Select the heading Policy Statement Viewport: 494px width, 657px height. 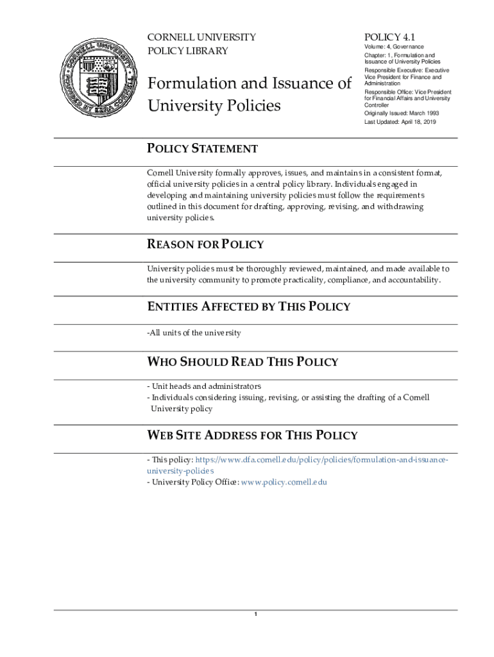pyautogui.click(x=202, y=149)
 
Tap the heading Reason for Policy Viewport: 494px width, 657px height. pyautogui.click(x=205, y=244)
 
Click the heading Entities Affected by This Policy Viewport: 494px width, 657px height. pyautogui.click(x=249, y=306)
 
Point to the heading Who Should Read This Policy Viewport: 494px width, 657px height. pyautogui.click(x=243, y=362)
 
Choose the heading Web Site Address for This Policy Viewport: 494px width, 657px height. pyautogui.click(x=252, y=436)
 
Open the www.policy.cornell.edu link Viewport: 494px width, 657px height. pyautogui.click(x=284, y=482)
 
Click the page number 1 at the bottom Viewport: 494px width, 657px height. pyautogui.click(x=255, y=615)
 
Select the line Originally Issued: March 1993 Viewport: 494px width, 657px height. pyautogui.click(x=402, y=114)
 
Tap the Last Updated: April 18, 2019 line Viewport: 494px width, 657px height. pyautogui.click(x=400, y=122)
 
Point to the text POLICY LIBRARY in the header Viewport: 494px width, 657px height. pyautogui.click(x=187, y=51)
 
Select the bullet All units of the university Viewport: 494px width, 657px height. pyautogui.click(x=194, y=332)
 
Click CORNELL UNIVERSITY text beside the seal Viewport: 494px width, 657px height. pyautogui.click(x=201, y=37)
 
